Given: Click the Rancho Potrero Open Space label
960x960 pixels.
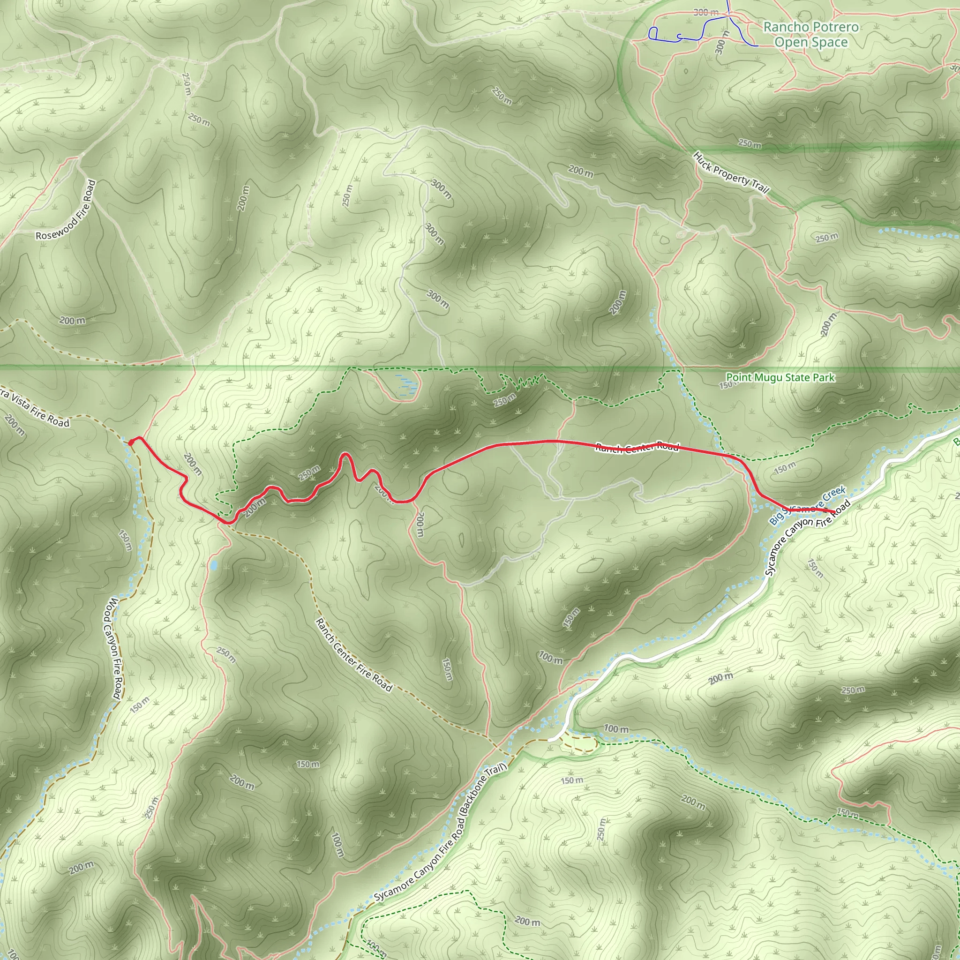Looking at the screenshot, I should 810,34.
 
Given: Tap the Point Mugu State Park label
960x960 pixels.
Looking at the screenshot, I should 780,378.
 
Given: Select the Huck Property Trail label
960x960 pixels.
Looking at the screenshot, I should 731,173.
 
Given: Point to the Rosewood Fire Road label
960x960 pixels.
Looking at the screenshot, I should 66,210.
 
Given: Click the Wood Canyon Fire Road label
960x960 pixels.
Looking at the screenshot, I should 112,648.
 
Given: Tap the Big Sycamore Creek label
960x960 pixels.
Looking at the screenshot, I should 807,506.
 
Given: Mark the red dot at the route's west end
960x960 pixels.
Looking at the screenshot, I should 131,442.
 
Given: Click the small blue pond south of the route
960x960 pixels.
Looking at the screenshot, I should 214,565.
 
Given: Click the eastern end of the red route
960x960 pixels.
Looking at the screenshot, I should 834,511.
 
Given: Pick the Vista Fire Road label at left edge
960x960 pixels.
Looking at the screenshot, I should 35,408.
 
